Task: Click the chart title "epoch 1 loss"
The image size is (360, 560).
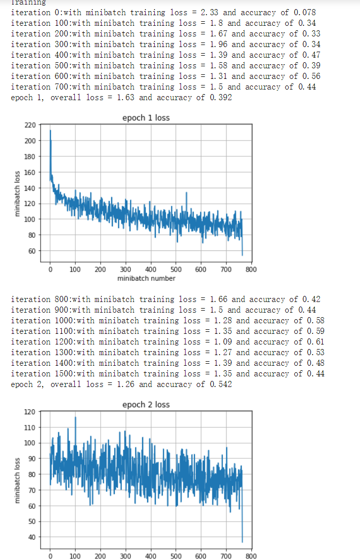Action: tap(146, 118)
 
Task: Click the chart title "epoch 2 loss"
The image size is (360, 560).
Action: tap(146, 405)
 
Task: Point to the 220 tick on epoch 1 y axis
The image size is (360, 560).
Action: tap(30, 125)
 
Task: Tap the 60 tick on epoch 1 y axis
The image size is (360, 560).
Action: tap(31, 251)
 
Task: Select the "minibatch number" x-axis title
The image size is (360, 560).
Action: tap(146, 278)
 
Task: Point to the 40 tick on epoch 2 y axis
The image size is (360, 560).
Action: tap(31, 537)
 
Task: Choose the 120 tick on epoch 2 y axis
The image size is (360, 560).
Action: tap(30, 412)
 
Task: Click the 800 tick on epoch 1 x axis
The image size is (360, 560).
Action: tap(251, 269)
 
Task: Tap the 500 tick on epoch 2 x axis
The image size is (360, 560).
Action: tap(176, 556)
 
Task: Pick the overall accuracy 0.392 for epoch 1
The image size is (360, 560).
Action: tap(221, 97)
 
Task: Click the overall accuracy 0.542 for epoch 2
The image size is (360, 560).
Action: tap(221, 384)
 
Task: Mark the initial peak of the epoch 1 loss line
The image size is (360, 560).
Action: tap(50, 131)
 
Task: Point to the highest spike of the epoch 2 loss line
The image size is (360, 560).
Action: tap(75, 417)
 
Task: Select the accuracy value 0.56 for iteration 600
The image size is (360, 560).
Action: tap(311, 76)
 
